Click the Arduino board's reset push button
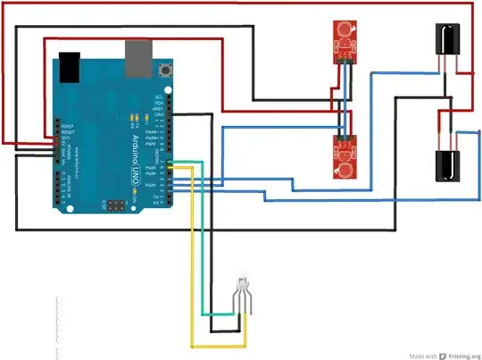(164, 70)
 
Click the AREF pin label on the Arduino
(158, 110)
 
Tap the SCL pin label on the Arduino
(158, 96)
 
